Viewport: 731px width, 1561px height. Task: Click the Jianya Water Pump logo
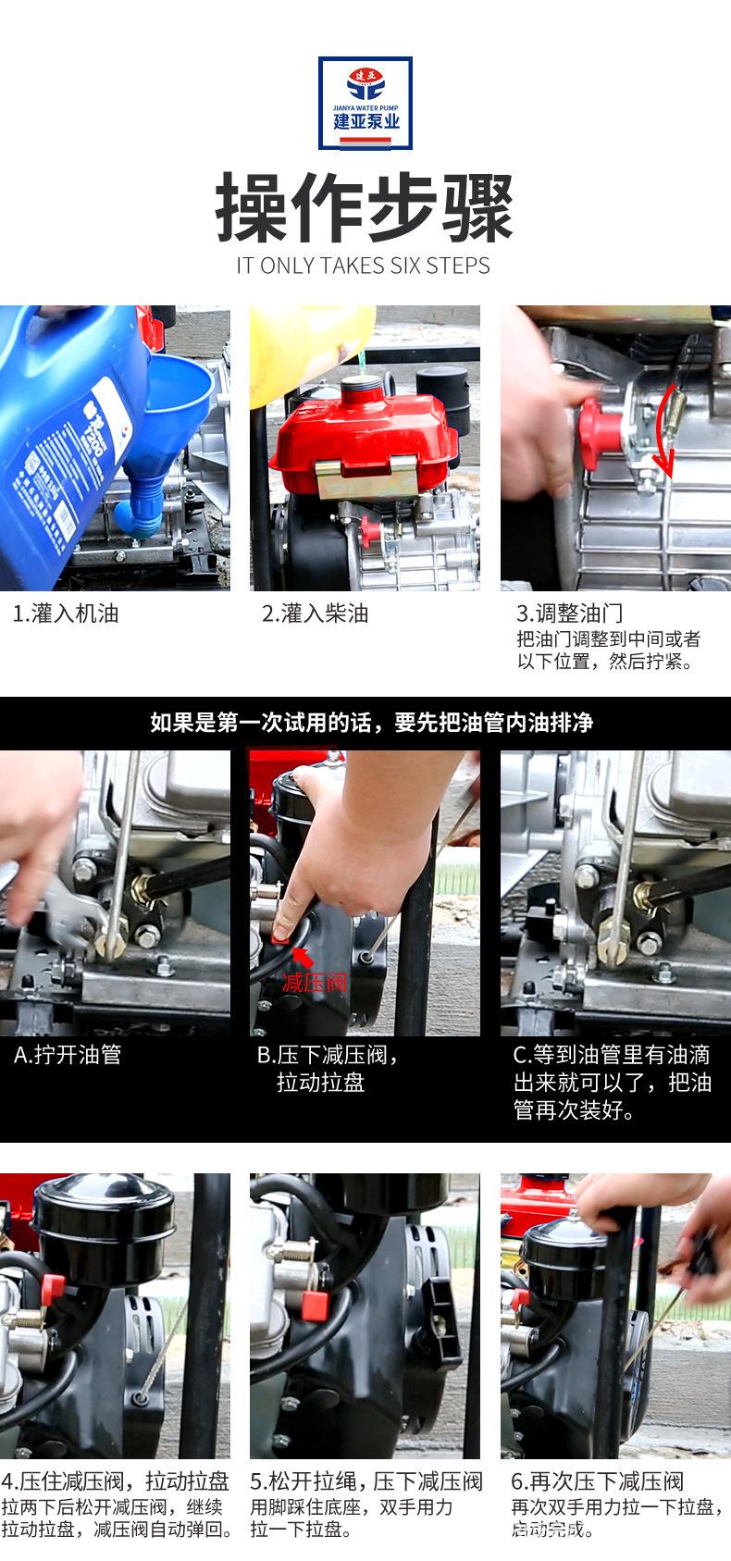coord(365,103)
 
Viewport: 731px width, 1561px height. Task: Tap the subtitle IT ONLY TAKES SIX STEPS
coord(363,266)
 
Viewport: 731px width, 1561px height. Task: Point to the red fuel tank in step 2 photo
coord(364,437)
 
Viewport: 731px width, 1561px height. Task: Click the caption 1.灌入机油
coord(66,614)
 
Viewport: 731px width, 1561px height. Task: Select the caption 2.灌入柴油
coord(315,614)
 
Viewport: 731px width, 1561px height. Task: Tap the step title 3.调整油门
coord(569,613)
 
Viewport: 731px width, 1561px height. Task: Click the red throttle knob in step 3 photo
coord(600,432)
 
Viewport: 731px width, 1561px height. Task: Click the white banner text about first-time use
coord(371,723)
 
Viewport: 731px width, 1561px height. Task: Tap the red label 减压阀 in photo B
coord(315,983)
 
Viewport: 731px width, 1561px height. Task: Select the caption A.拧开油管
coord(68,1055)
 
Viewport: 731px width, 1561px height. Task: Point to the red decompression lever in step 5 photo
coord(315,1306)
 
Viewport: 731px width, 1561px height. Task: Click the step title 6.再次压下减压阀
coord(597,1481)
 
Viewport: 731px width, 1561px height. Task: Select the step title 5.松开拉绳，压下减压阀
coord(365,1481)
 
